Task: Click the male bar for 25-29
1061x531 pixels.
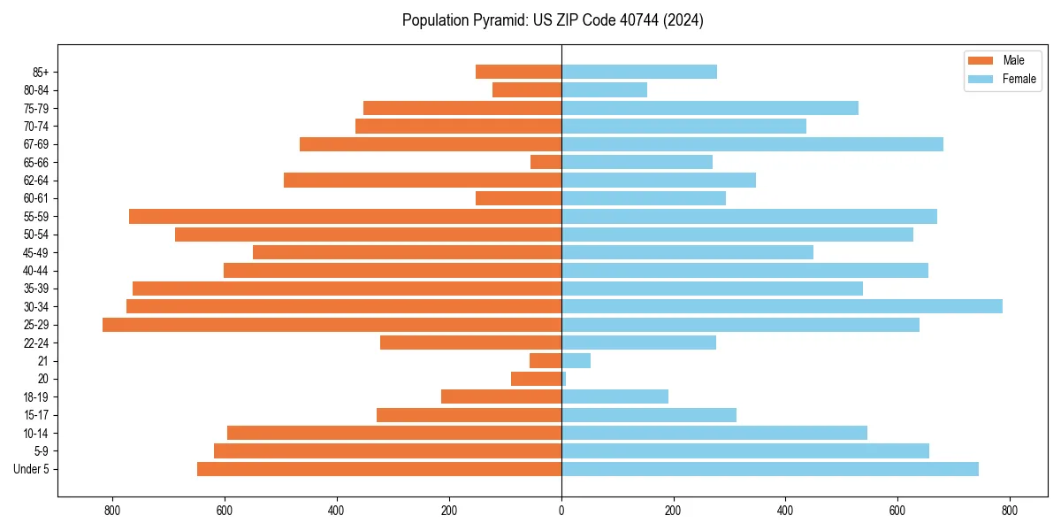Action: [332, 325]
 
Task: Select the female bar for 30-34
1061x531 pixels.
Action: [782, 306]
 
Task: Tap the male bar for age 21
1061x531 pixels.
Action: [546, 361]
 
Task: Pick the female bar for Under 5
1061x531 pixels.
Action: [769, 469]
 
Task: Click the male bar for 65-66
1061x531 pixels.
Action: [546, 162]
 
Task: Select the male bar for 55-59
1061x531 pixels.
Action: [345, 216]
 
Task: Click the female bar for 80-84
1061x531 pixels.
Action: [604, 89]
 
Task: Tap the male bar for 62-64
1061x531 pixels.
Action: [423, 181]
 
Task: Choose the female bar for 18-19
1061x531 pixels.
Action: [614, 396]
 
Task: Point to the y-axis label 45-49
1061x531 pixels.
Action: [34, 252]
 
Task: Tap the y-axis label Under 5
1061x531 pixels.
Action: [31, 469]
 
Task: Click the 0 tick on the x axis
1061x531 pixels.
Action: [561, 511]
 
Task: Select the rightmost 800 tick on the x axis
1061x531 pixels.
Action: [1010, 511]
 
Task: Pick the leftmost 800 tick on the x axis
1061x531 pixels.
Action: [112, 511]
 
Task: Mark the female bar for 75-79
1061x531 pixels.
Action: [709, 108]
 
